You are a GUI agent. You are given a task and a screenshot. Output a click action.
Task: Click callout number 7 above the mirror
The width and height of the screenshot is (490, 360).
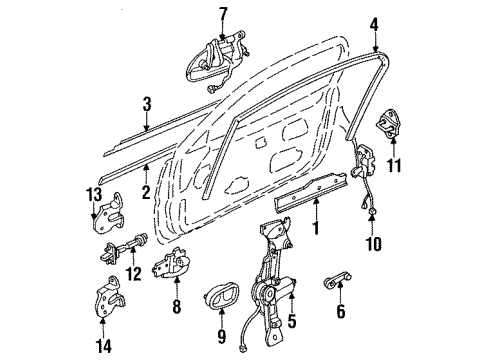(223, 15)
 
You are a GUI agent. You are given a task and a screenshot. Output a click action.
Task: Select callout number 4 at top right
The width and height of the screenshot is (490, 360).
(374, 25)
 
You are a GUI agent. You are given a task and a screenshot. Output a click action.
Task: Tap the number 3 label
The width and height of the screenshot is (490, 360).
(147, 104)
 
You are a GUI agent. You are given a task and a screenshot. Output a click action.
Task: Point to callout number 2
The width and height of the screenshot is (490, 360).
(146, 192)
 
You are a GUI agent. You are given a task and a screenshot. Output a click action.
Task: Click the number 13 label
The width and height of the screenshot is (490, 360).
(94, 196)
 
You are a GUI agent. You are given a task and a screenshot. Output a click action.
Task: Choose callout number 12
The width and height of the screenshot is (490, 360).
(134, 274)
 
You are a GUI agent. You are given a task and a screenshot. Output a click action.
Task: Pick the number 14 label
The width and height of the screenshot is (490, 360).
(103, 346)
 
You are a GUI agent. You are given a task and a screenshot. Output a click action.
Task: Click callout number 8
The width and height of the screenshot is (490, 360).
(177, 306)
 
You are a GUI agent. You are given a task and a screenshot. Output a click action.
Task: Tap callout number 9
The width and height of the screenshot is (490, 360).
(222, 336)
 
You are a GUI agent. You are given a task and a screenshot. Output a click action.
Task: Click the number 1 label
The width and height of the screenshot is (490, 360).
(315, 228)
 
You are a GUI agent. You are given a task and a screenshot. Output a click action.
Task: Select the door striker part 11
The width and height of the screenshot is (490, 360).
(389, 123)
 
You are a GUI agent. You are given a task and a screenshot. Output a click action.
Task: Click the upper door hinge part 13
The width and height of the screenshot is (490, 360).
(108, 215)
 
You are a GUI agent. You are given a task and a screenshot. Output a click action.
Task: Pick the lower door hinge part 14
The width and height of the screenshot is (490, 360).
(107, 297)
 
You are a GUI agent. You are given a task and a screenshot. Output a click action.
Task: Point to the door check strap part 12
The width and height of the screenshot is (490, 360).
(123, 248)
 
